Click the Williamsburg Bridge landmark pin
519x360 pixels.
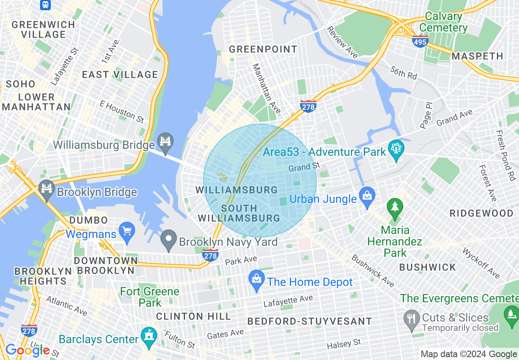[x=165, y=142]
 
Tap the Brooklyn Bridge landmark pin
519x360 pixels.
[x=47, y=189]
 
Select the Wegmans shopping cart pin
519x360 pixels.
[x=127, y=232]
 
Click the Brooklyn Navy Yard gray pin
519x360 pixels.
[x=168, y=240]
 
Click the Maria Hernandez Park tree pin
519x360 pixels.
[x=395, y=206]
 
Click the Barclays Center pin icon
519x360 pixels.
[x=149, y=337]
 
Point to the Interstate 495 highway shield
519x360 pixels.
[x=420, y=41]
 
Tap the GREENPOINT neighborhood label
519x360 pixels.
[x=263, y=49]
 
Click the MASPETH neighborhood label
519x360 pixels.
[x=477, y=56]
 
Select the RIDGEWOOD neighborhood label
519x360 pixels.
[x=481, y=214]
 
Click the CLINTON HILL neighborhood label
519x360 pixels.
[x=194, y=316]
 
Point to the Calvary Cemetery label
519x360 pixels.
[x=444, y=22]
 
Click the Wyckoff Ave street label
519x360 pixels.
[x=481, y=263]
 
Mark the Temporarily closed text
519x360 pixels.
[x=460, y=328]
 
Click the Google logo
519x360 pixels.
[x=27, y=350]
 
